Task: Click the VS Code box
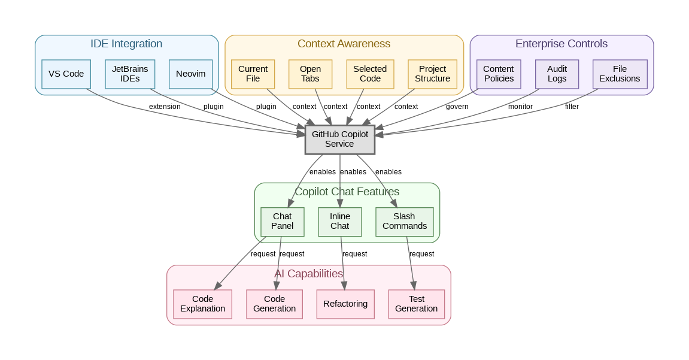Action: click(x=66, y=74)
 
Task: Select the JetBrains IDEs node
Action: click(x=130, y=74)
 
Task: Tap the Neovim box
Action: click(x=191, y=74)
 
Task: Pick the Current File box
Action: click(x=253, y=74)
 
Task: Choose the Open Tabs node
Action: click(x=310, y=74)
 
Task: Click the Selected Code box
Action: click(x=370, y=74)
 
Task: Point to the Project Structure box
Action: click(x=432, y=74)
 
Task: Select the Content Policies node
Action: click(x=498, y=74)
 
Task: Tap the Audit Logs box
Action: click(x=557, y=74)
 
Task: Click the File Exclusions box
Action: click(x=620, y=74)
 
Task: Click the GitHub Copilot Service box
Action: click(x=340, y=139)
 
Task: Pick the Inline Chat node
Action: click(x=340, y=221)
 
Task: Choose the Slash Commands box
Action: click(x=405, y=221)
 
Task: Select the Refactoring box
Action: click(x=345, y=304)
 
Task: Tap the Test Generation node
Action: click(x=417, y=304)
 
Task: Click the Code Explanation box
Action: click(x=202, y=304)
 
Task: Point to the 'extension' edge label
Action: click(x=165, y=107)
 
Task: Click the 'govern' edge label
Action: click(x=457, y=107)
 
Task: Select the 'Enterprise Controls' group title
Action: click(x=561, y=44)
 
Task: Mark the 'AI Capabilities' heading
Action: click(x=308, y=274)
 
